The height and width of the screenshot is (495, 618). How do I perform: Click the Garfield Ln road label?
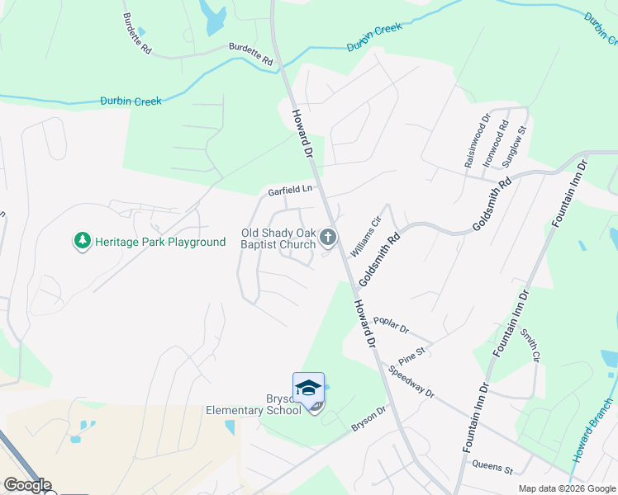point(289,191)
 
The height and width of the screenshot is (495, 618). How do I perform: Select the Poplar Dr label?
point(391,324)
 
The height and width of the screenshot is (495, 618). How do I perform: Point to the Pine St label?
point(411,356)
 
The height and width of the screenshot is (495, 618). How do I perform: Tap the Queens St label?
point(492,467)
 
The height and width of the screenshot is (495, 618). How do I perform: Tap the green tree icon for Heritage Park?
point(82,242)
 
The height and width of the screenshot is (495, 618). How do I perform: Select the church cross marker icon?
point(328,238)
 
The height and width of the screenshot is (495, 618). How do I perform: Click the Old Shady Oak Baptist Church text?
point(278,238)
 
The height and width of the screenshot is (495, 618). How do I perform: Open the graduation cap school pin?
point(308,388)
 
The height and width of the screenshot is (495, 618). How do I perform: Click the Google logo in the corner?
point(26,485)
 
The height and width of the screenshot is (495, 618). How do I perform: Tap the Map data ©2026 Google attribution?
point(567,488)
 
